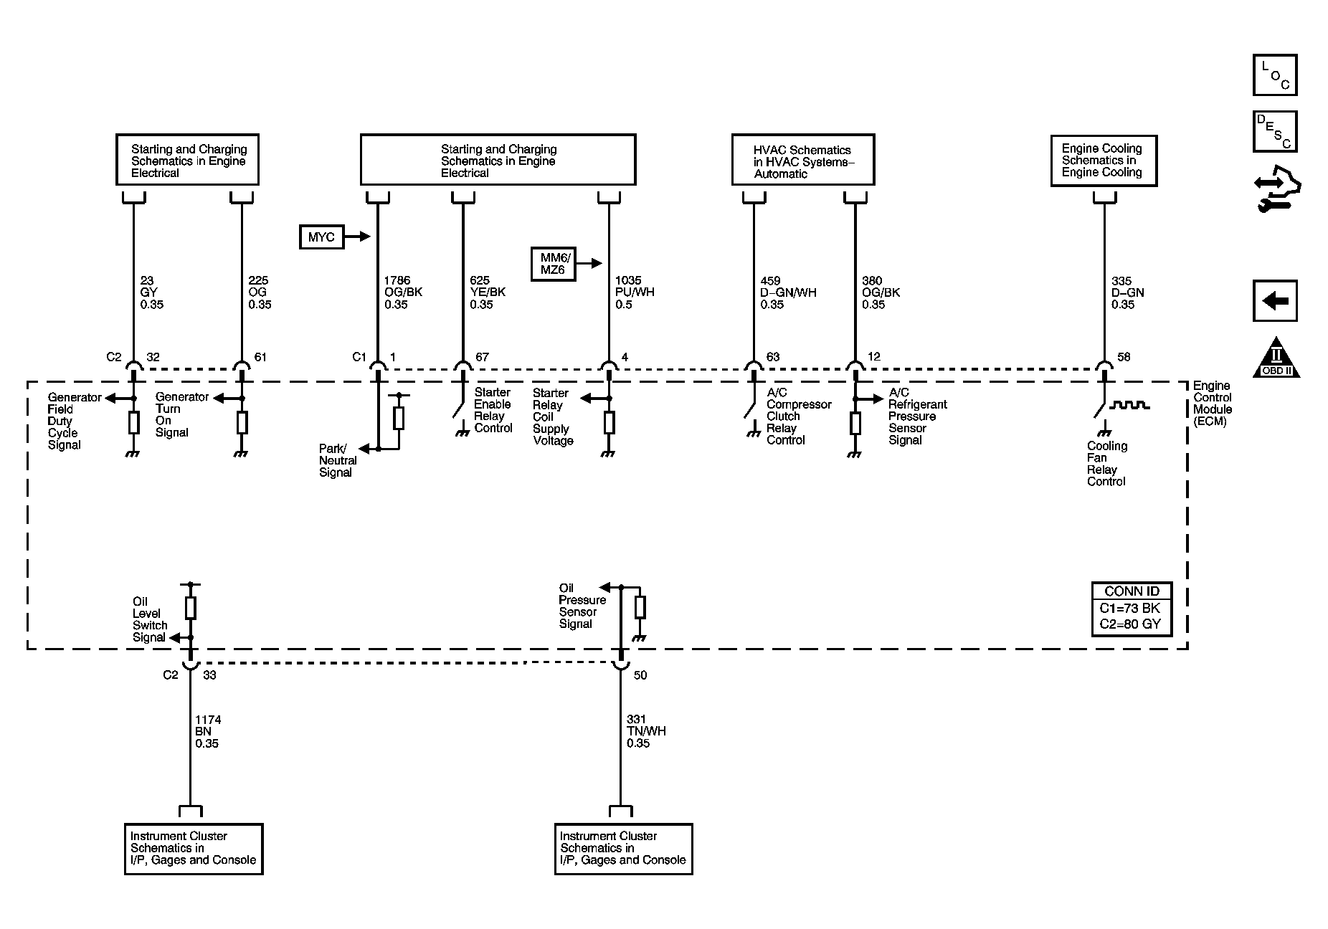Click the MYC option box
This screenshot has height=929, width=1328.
[321, 237]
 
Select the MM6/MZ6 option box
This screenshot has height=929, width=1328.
[553, 264]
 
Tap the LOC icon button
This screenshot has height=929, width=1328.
[1275, 75]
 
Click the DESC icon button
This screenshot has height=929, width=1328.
[1275, 132]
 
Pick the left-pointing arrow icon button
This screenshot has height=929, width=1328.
[1275, 300]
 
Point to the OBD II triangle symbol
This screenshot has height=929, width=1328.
[1276, 357]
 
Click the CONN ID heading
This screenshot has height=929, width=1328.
[1132, 591]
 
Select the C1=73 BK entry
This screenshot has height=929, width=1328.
[1130, 609]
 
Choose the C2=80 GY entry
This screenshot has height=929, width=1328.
[1130, 624]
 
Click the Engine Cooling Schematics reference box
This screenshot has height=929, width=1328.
[1104, 161]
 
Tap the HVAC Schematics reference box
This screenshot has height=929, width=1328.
[803, 160]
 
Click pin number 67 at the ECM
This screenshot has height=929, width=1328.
[483, 357]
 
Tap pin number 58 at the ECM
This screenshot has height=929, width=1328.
[1124, 357]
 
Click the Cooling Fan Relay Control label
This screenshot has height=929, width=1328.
[1107, 464]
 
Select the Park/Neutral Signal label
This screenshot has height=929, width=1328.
[338, 461]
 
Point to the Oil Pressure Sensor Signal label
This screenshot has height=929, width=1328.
[582, 606]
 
